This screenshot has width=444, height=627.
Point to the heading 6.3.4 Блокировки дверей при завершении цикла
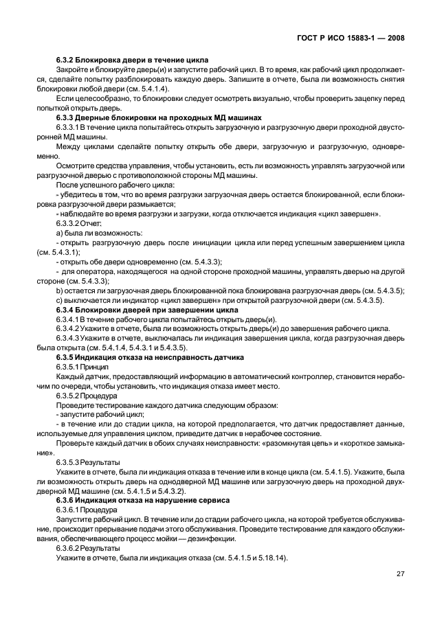point(146,310)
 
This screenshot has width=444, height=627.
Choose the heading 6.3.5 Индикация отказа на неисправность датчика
point(150,358)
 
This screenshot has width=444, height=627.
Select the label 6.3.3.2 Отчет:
point(78,223)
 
